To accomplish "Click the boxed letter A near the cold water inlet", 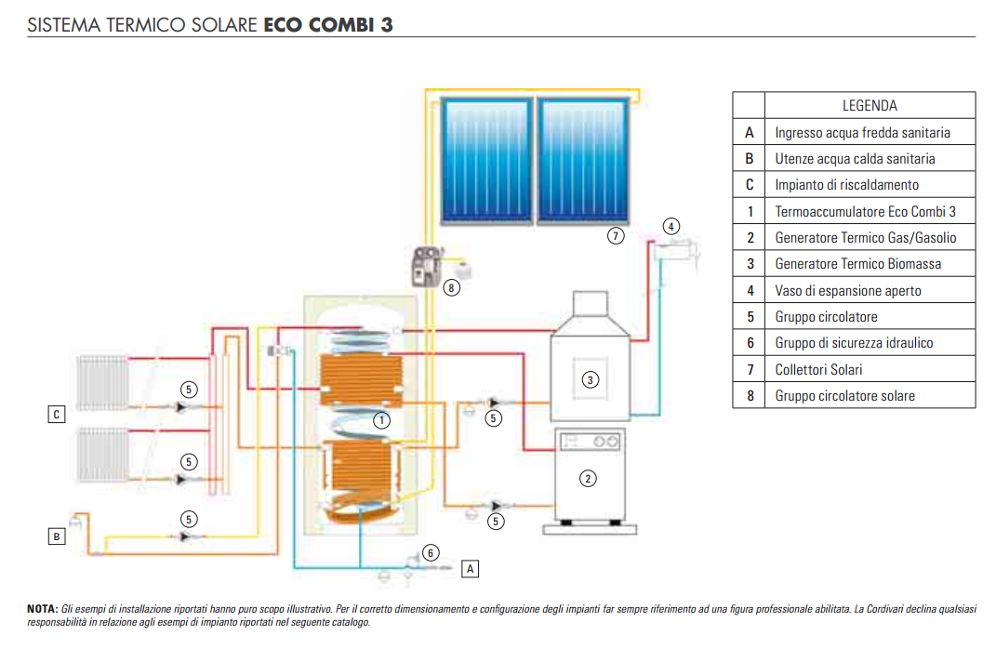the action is coord(470,569).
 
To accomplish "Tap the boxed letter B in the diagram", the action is coord(57,536).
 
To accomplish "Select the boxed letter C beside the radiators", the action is coord(57,415).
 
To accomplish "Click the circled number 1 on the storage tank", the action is coord(381,420).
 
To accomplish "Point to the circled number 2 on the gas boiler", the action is coord(588,479).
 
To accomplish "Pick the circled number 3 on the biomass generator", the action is coord(591,380).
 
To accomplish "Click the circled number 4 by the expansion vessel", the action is coord(671,226).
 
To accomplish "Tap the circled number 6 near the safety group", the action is coord(430,552).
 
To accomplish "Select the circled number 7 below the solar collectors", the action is coord(615,236).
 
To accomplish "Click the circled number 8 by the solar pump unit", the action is coord(451,288).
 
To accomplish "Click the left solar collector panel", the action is coord(486,160).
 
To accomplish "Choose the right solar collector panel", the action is coord(583,160).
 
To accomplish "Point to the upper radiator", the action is coord(103,382).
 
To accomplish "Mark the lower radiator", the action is coord(103,455).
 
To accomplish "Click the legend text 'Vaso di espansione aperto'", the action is coord(848,291).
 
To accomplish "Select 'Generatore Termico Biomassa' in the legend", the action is coord(858,264).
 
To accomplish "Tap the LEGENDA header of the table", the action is coord(870,105).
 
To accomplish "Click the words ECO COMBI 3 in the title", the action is coord(328,25).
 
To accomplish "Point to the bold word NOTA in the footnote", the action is coord(43,609).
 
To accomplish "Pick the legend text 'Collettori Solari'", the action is coord(818,370).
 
